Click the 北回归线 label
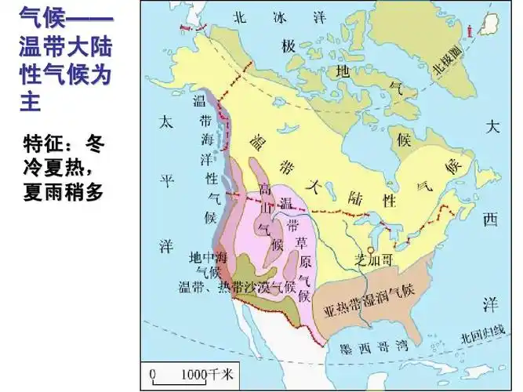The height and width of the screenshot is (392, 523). click(480, 336)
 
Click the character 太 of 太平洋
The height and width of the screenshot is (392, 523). click(165, 122)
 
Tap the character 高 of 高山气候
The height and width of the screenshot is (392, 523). click(266, 189)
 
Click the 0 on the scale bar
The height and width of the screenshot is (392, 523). click(153, 372)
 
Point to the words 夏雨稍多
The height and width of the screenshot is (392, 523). click(64, 191)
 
